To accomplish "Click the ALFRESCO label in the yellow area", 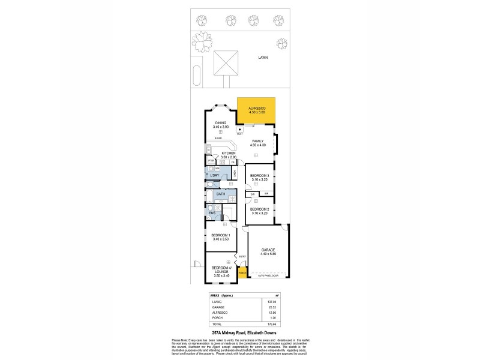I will point(257,108).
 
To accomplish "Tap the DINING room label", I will point(221,123).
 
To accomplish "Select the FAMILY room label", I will point(258,141).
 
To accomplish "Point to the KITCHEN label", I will point(229,154).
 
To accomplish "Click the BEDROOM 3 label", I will point(259,176).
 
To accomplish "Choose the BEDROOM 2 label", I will point(259,209).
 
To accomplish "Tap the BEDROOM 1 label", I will point(221,235).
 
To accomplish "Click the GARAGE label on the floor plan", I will point(268,250).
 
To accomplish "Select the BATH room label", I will point(221,194).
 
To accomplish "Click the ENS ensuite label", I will point(212,212).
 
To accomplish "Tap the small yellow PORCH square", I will point(242,274).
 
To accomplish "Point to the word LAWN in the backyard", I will point(263,58).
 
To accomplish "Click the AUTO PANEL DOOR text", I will point(268,276).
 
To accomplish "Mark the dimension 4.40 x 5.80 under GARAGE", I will point(268,254).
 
